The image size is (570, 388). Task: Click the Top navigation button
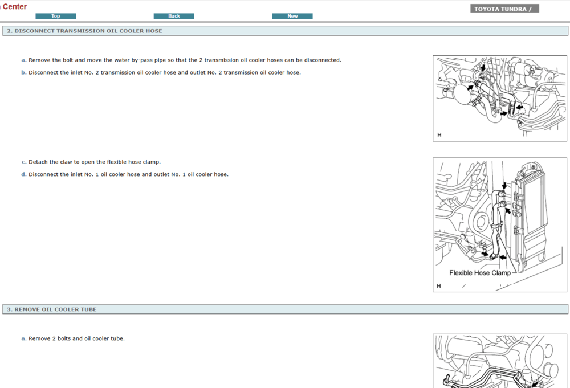point(55,16)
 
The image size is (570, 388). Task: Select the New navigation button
point(292,16)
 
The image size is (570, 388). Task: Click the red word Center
point(15,7)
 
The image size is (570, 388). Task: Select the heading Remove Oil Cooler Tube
point(55,309)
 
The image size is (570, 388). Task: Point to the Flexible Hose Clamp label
point(480,273)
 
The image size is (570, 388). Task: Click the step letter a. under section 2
point(24,60)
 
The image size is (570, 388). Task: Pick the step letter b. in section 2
point(24,72)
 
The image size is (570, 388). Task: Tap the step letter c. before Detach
point(24,162)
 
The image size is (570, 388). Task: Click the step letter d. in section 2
point(24,174)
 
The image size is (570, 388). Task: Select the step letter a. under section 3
point(24,338)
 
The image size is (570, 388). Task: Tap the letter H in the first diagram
point(439,135)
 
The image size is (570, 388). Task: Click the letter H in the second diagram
point(439,286)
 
